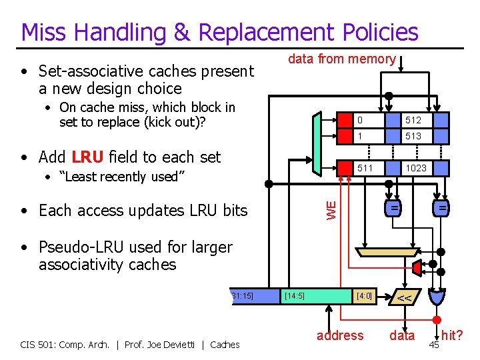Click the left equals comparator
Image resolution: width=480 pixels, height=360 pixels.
[395, 209]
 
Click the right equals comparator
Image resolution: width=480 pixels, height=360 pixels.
[441, 209]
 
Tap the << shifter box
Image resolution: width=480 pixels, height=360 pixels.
[405, 296]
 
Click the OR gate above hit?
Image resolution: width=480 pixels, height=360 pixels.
[439, 295]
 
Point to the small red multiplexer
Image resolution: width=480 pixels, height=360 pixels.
[417, 268]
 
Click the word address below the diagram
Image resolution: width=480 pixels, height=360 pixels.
[340, 335]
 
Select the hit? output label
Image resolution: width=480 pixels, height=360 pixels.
[452, 335]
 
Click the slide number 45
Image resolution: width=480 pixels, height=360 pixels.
[434, 344]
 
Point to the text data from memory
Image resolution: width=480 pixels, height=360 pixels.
[341, 59]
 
